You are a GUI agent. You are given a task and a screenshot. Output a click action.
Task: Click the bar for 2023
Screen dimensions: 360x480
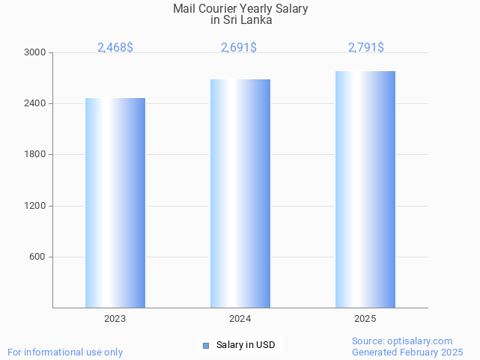coord(115,203)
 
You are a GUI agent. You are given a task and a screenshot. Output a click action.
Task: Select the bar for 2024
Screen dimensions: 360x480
coord(240,194)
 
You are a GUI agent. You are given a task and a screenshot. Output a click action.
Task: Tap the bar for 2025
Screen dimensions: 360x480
coord(365,189)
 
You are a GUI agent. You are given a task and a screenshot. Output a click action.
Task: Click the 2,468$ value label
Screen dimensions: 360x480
coord(115,48)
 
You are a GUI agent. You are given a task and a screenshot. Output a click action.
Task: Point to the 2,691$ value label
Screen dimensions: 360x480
coord(239,48)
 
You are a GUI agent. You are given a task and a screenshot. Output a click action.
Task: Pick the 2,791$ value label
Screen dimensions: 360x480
coord(366,48)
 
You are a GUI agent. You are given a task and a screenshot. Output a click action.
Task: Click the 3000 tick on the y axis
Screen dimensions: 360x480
coord(35,52)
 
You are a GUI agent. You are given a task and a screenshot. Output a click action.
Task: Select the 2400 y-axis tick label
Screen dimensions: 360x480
coord(35,103)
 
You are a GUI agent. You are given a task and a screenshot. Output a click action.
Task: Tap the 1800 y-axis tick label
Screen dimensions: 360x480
coord(35,154)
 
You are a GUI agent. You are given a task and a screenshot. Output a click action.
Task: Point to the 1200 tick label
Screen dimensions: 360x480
coord(35,206)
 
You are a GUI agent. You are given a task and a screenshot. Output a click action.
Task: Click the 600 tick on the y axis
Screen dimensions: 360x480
coord(37,257)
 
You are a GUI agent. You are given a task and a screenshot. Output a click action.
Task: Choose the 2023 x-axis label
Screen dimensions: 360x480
coord(115,319)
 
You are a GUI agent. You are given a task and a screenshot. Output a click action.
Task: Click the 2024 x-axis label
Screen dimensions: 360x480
coord(240,319)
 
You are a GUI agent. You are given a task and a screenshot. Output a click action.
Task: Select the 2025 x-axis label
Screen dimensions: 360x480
coord(365,319)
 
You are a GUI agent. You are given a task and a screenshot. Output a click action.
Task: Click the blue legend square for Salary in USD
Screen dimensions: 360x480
coord(206,345)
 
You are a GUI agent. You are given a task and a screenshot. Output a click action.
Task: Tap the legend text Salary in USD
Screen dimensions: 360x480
coord(246,345)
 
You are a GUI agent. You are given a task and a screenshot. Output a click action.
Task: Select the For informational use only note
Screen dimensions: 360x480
coord(65,352)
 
